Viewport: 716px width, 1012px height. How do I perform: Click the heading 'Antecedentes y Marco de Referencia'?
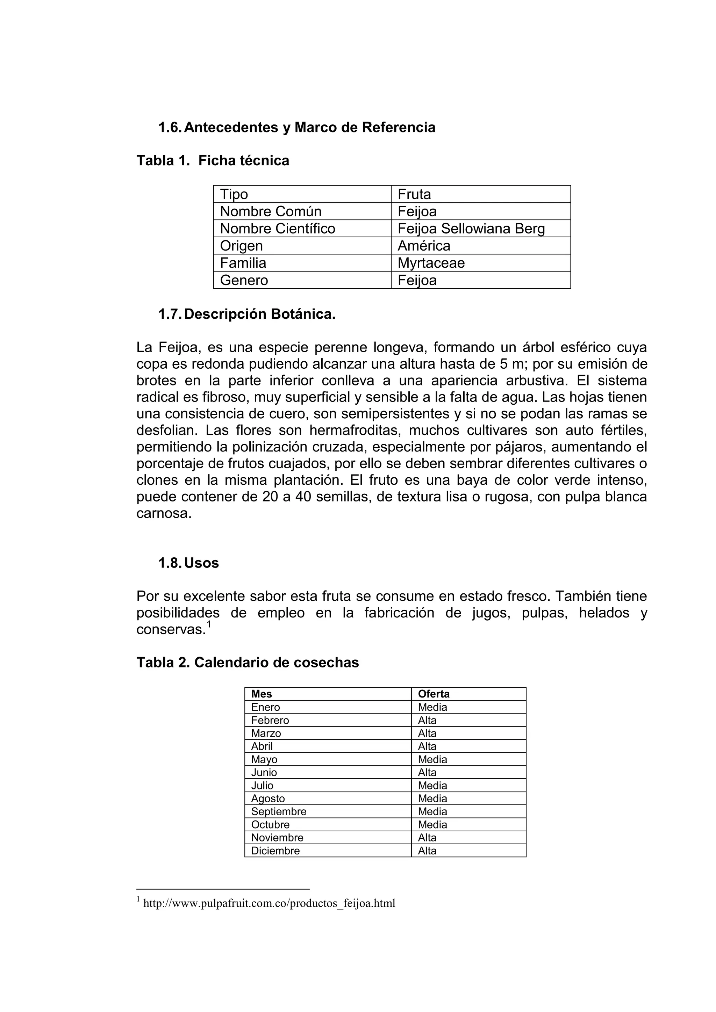click(309, 128)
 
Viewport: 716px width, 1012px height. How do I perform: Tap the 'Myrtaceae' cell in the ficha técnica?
click(431, 263)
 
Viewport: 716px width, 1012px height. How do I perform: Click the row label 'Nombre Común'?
click(270, 211)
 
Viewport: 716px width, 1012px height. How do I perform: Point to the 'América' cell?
click(424, 246)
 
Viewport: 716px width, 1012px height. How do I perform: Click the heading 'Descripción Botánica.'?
click(260, 314)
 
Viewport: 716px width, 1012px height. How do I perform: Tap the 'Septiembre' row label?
click(278, 811)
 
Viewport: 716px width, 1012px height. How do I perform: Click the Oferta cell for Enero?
click(432, 707)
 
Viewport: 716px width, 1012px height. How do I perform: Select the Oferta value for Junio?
click(427, 772)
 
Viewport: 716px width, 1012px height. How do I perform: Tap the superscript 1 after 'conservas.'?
click(209, 624)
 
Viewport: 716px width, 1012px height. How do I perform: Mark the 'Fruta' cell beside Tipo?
click(414, 194)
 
